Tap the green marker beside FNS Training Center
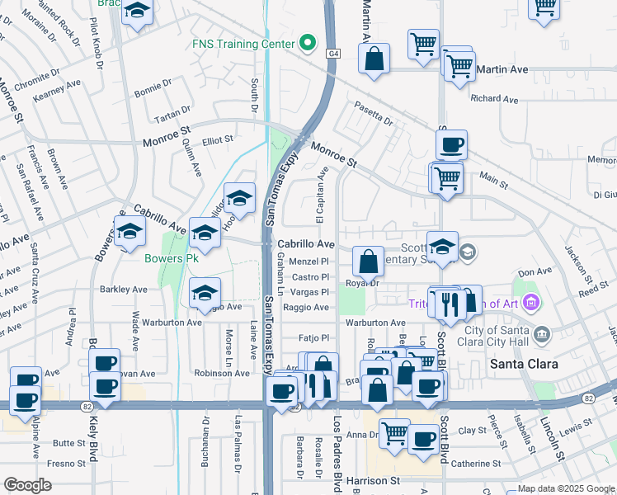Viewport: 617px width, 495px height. pos(308,43)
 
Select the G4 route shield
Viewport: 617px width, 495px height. pos(332,54)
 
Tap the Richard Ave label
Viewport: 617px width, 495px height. pos(494,99)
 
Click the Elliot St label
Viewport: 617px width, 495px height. pos(219,140)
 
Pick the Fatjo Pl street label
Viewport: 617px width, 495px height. pos(313,337)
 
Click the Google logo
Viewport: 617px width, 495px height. pos(28,485)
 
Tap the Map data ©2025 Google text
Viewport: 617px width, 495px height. pos(567,488)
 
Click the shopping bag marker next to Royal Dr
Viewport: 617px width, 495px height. pos(369,262)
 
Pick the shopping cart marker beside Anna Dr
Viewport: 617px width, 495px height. pos(395,431)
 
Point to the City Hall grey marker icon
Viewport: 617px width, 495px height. pos(542,334)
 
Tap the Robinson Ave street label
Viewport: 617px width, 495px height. pos(221,373)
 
